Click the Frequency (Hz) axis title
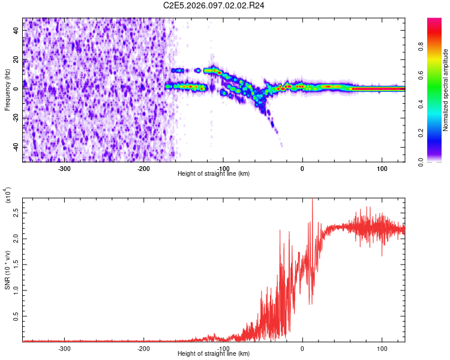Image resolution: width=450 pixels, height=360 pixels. [x=7, y=90]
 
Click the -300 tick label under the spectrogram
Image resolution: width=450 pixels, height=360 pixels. [x=64, y=168]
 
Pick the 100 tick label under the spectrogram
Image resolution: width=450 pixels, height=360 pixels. [x=382, y=168]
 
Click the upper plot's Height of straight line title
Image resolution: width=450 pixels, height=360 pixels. [x=214, y=174]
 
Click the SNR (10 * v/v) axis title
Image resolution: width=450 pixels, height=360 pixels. [x=7, y=270]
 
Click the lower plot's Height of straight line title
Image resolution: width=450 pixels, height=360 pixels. [x=214, y=354]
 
